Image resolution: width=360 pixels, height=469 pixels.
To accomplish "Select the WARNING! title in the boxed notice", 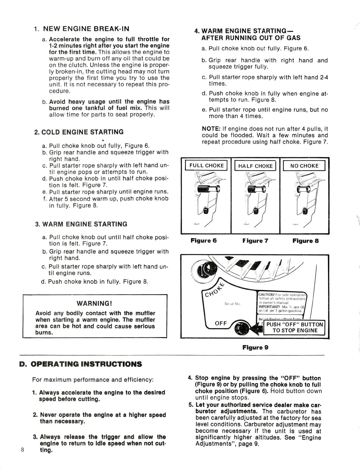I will pyautogui.click(x=94, y=303).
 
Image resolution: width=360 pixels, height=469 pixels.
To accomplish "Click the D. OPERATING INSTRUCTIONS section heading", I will pyautogui.click(x=81, y=364).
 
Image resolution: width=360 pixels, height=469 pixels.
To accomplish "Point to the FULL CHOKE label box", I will pyautogui.click(x=206, y=166).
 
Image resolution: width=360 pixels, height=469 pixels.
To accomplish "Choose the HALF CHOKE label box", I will pyautogui.click(x=255, y=166).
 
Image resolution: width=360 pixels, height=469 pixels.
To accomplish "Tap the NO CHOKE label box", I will pyautogui.click(x=304, y=166).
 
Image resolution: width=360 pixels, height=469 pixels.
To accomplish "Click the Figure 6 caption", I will pyautogui.click(x=204, y=241).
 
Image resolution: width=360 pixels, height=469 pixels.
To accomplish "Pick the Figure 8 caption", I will pyautogui.click(x=306, y=241).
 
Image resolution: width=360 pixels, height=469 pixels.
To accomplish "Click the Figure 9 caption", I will pyautogui.click(x=255, y=347).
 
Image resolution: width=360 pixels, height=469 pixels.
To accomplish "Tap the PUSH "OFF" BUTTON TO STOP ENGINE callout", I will pyautogui.click(x=295, y=327).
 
